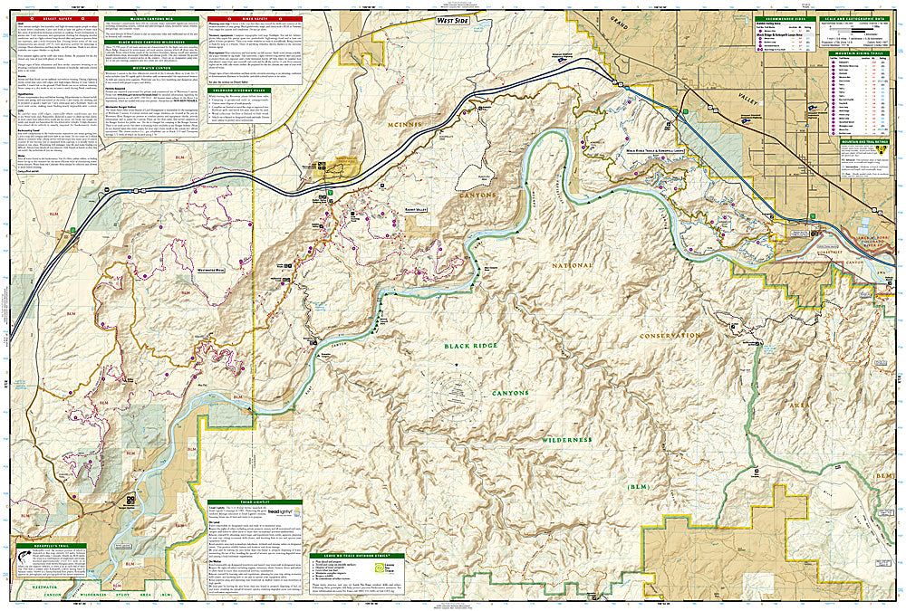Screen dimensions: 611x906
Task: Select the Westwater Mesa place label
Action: coord(210,270)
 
